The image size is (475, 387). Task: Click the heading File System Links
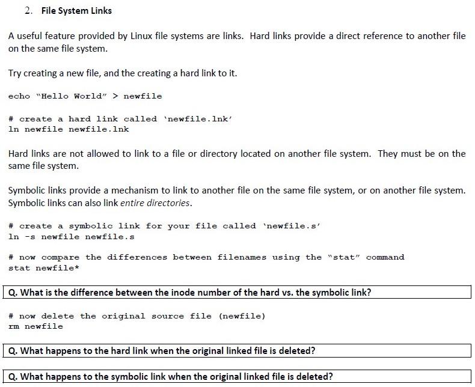click(76, 11)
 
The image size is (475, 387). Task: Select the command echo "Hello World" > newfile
click(85, 96)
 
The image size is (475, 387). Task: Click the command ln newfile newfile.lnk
click(69, 129)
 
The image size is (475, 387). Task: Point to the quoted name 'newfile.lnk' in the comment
click(199, 119)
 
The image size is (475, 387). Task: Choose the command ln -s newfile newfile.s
click(72, 237)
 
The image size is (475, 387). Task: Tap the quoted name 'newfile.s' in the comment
click(292, 226)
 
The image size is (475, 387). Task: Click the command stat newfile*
click(44, 268)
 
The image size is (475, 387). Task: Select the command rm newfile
click(35, 326)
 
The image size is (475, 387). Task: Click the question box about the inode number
click(239, 293)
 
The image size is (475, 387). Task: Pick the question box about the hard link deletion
click(239, 350)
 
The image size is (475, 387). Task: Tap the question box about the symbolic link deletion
click(239, 377)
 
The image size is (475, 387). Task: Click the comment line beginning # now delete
click(137, 316)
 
